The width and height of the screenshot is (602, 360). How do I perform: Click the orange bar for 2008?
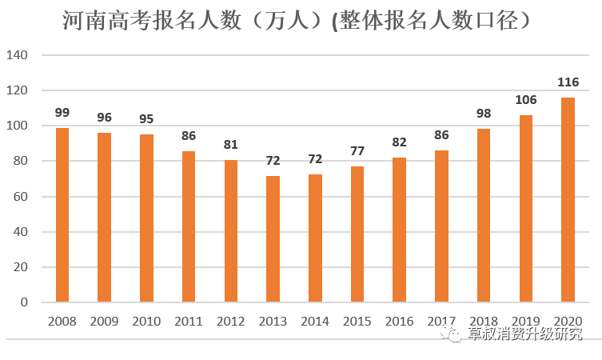pos(62,214)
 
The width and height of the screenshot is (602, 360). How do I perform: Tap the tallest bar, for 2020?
pos(568,199)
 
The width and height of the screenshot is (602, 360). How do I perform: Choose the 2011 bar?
pos(189,226)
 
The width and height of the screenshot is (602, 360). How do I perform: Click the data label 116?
pos(568,82)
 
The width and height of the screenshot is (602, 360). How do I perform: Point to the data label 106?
pos(526,100)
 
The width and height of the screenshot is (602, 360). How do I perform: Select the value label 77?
pos(357,151)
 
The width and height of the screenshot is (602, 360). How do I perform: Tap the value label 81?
pos(230,145)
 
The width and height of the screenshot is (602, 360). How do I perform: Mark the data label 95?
pos(146,119)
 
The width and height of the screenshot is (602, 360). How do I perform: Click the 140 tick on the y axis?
pos(18,55)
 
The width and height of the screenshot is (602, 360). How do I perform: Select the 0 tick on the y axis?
pos(24,302)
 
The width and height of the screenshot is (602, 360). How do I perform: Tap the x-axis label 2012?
pos(230,322)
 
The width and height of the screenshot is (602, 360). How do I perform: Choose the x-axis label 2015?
pos(357,322)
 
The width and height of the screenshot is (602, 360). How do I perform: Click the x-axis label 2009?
pos(104,322)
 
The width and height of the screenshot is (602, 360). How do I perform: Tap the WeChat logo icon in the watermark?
pos(454,334)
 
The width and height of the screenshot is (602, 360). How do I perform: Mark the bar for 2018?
pos(484,215)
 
